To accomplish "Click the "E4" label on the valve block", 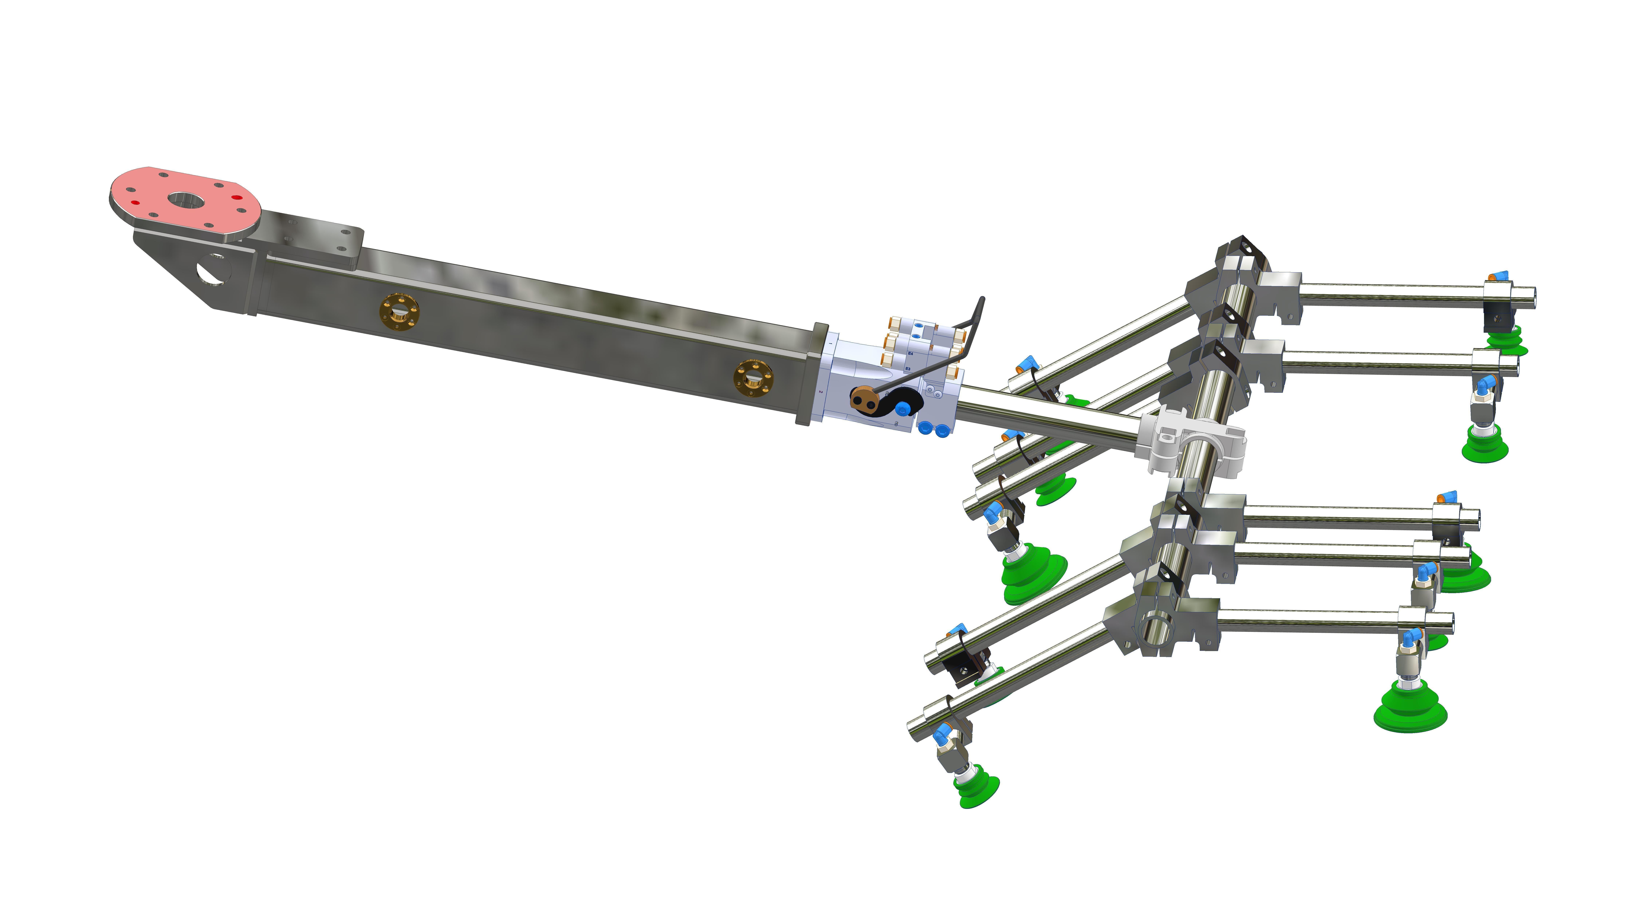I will (911, 353).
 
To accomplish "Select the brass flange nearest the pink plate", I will (399, 312).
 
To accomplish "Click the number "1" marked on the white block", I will (830, 344).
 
